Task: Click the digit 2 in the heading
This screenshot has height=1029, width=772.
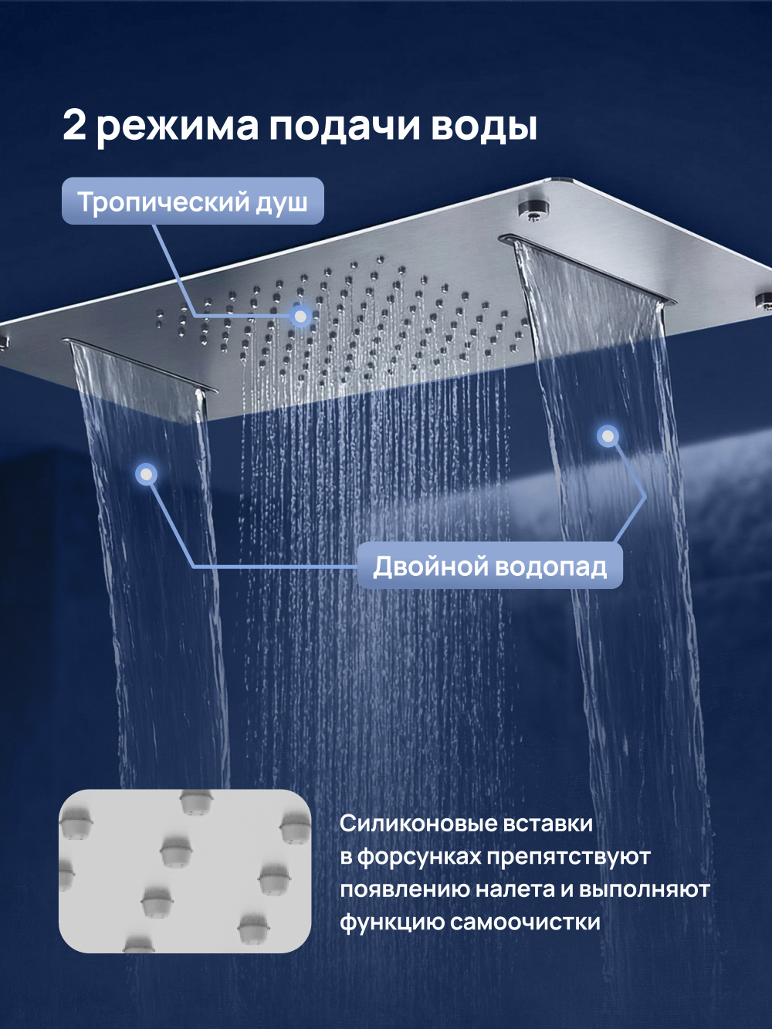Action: (74, 125)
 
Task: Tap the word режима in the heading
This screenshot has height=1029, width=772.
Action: (178, 127)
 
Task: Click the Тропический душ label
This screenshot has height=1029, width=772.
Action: (193, 201)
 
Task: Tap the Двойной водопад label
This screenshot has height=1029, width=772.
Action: (489, 567)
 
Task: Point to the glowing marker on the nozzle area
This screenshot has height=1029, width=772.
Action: (300, 316)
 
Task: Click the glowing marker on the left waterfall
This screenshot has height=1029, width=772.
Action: (146, 474)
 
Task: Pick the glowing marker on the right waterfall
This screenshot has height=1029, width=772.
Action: (608, 437)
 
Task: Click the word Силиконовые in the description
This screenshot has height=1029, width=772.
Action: (419, 824)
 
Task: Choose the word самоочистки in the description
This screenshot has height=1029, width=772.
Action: (525, 922)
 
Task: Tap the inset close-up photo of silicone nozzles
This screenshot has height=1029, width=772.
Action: (185, 871)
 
